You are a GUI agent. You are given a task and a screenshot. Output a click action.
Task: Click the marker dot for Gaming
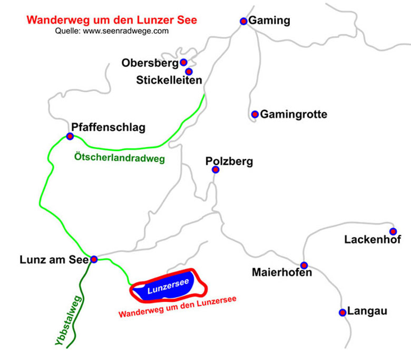click(x=243, y=21)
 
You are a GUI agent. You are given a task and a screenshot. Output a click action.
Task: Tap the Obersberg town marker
click(x=184, y=62)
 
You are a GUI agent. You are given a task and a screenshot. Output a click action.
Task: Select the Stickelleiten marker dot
click(x=189, y=71)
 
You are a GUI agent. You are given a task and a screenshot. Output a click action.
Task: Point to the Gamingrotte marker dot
click(x=255, y=114)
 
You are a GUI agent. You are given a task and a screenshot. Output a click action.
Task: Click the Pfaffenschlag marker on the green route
click(x=70, y=137)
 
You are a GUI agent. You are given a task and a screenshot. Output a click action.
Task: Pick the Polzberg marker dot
click(x=215, y=170)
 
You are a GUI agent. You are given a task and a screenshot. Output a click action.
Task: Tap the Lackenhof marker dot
click(x=393, y=231)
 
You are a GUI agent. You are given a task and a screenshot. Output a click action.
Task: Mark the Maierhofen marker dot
click(x=304, y=265)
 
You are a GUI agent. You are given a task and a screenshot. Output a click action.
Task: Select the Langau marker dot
click(x=342, y=312)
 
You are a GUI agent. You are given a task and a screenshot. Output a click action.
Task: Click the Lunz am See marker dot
click(x=94, y=259)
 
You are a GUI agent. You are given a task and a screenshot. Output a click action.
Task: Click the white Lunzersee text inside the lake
click(x=168, y=287)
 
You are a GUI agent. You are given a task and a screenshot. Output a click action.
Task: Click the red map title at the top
click(x=112, y=21)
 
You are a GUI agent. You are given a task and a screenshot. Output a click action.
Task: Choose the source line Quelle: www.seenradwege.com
click(x=112, y=31)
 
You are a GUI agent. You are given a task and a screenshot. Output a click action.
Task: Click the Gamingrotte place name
click(x=293, y=114)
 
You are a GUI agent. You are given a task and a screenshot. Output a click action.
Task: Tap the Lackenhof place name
click(x=373, y=240)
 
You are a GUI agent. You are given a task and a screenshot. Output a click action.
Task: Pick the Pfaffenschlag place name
click(x=108, y=127)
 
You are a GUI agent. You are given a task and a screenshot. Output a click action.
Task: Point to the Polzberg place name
click(x=229, y=161)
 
